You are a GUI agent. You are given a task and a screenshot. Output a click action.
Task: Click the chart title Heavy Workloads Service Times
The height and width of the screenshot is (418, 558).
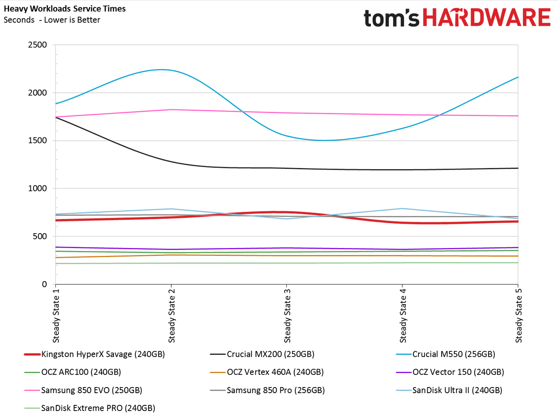(x=65, y=9)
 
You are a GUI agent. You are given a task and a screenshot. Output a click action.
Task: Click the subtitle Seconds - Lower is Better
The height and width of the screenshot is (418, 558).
(x=52, y=20)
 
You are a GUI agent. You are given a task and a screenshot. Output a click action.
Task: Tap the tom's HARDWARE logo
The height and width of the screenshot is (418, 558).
(x=457, y=17)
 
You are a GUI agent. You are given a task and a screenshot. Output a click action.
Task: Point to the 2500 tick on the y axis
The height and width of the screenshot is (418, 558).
(x=37, y=45)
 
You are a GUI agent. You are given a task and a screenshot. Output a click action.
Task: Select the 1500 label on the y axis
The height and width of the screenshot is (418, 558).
(x=37, y=140)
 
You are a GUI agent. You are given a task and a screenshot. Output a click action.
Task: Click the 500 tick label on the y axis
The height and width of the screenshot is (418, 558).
(x=40, y=236)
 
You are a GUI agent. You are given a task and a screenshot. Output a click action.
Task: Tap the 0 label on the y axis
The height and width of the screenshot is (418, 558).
(x=44, y=284)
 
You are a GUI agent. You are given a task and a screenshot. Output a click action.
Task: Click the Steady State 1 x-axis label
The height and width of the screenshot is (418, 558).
(x=56, y=316)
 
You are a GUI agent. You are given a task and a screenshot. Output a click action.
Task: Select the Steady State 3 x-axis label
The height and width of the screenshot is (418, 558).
(x=287, y=316)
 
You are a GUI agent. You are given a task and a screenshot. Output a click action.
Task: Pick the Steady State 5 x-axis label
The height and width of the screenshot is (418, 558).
(x=518, y=316)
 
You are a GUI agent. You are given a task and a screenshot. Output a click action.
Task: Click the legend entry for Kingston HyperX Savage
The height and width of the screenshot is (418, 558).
(x=95, y=354)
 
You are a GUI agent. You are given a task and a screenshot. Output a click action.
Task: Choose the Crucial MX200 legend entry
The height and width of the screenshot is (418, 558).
(x=262, y=354)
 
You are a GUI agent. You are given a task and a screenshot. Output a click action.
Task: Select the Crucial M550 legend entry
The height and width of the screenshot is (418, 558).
(x=446, y=354)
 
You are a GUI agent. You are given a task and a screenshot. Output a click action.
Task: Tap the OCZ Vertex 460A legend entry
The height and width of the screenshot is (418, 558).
(x=267, y=372)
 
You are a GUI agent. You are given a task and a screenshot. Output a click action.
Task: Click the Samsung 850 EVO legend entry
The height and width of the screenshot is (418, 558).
(x=83, y=390)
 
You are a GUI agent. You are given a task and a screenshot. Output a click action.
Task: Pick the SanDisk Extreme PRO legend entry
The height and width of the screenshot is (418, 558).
(x=89, y=408)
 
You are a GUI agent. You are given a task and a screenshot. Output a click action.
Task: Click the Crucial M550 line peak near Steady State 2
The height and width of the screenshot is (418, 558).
(x=161, y=69)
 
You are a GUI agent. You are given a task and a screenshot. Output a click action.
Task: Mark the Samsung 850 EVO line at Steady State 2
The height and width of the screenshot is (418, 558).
(x=171, y=109)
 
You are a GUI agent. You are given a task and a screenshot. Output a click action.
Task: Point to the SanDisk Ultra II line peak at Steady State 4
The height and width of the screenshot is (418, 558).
(x=402, y=209)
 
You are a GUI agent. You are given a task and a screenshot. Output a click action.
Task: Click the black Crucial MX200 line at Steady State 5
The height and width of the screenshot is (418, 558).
(x=518, y=168)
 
